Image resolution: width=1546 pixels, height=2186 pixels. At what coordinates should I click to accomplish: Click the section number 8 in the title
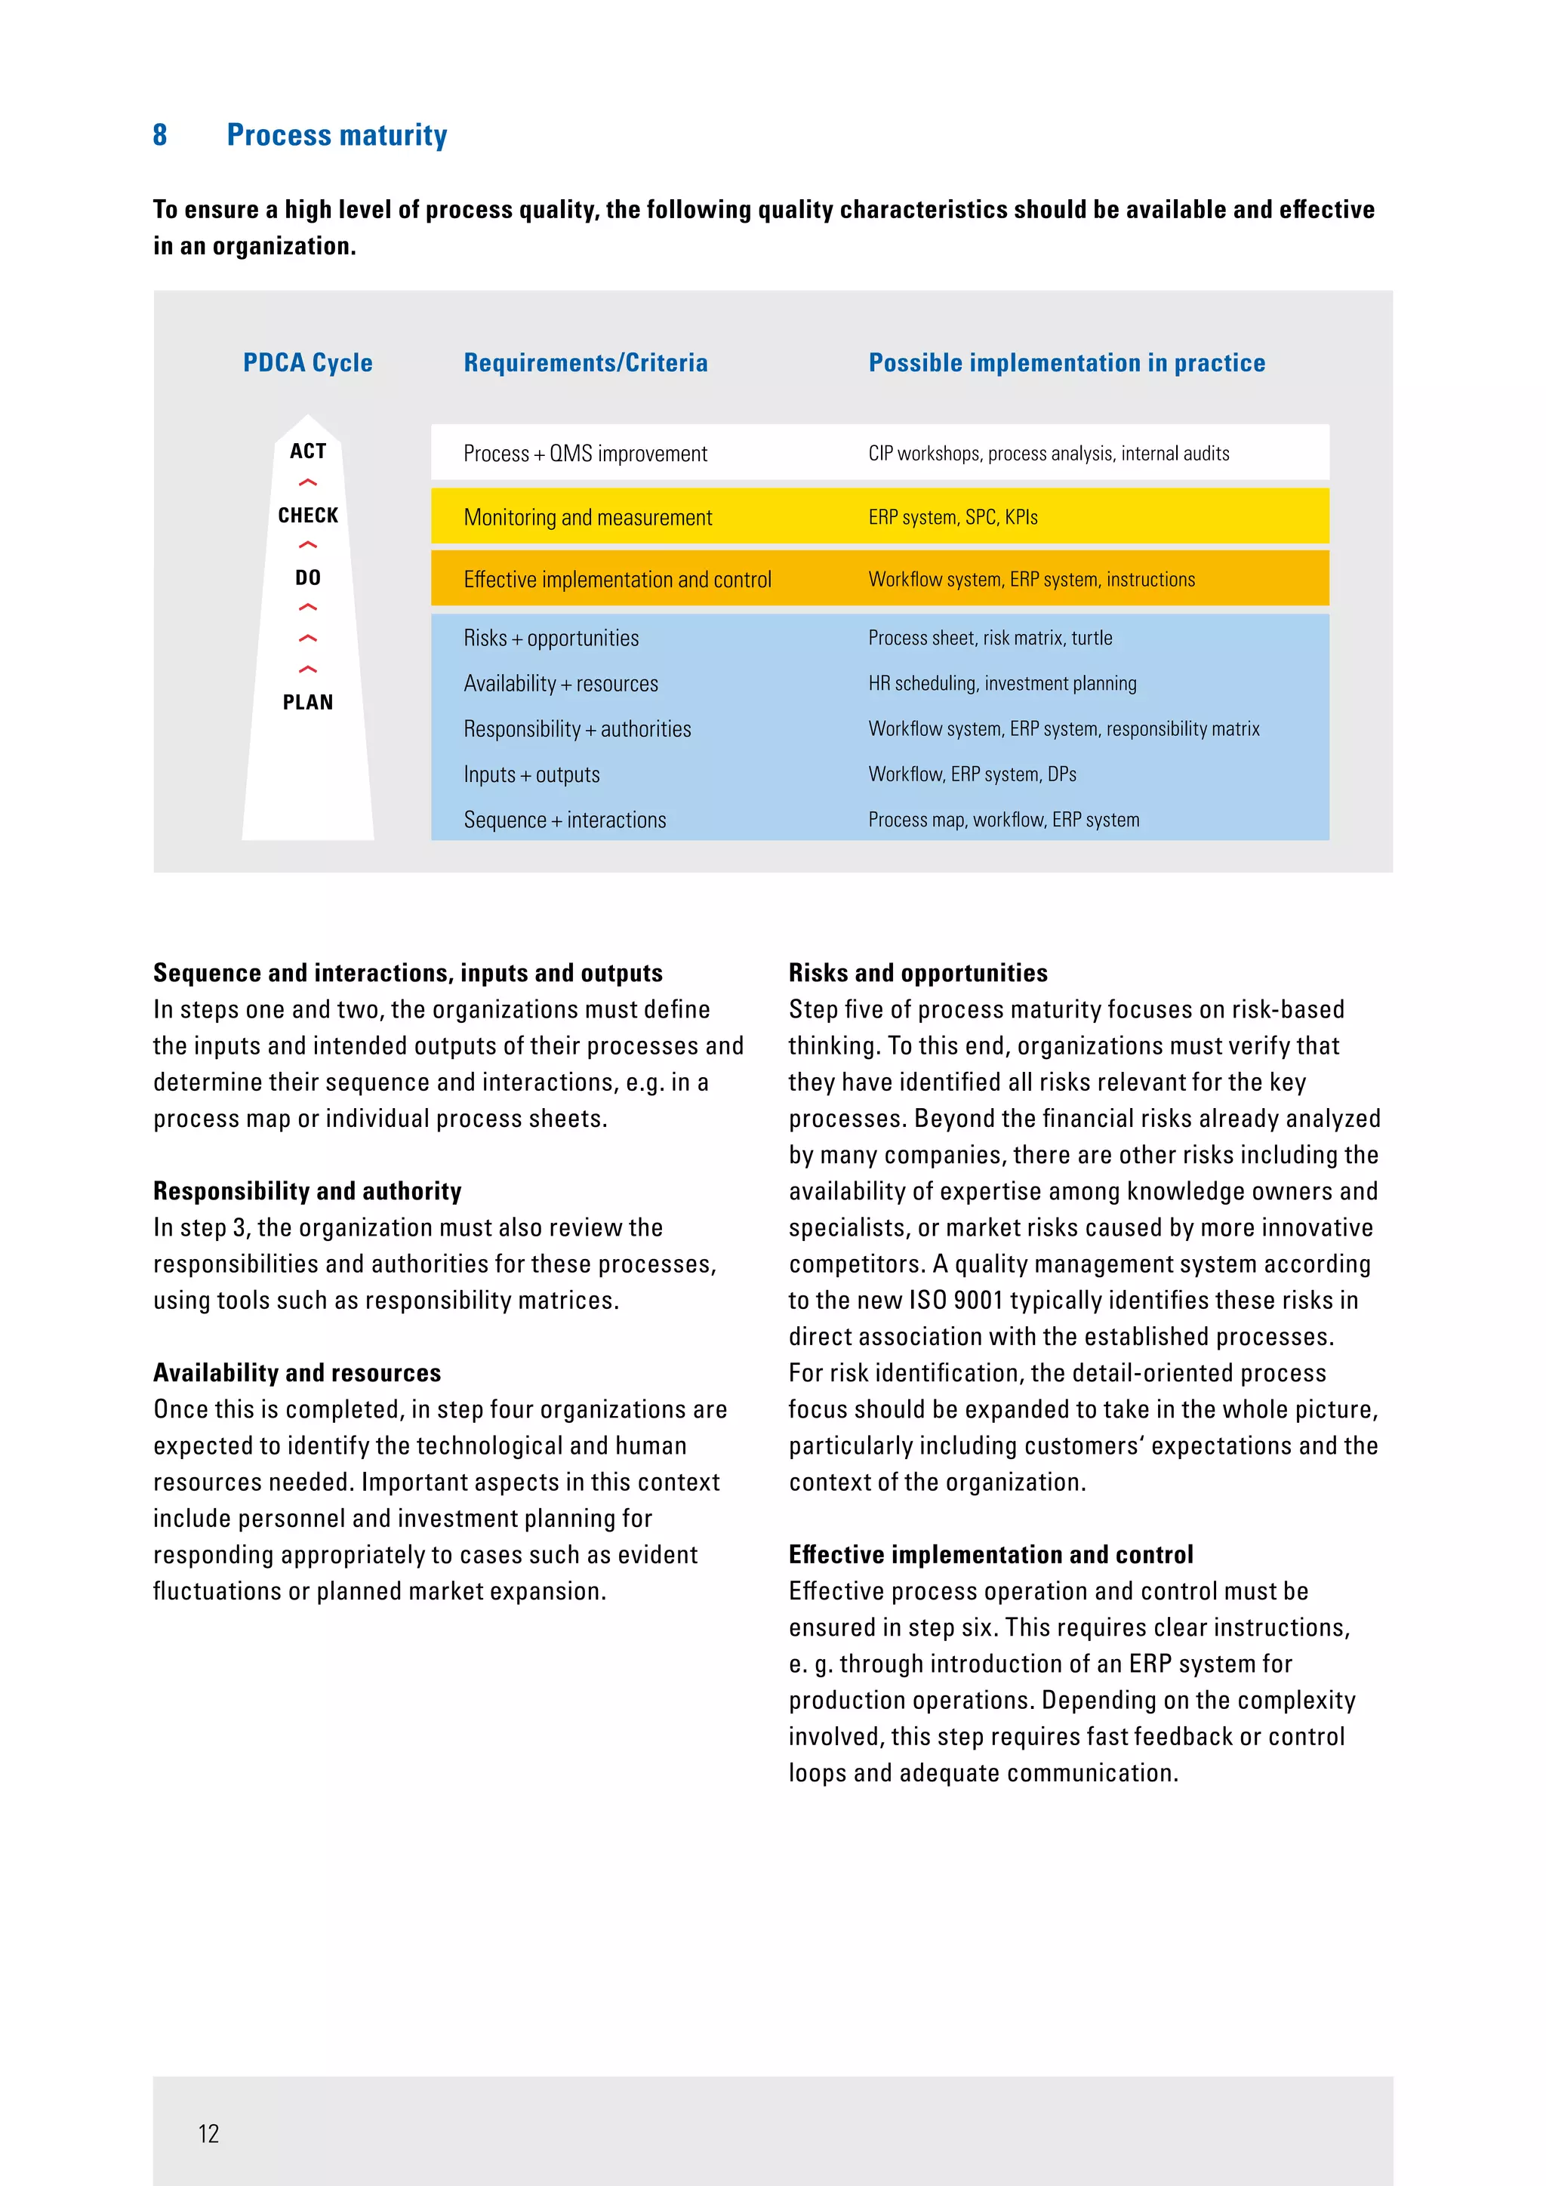tap(160, 135)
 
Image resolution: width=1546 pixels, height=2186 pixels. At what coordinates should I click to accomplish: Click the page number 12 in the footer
tap(208, 2134)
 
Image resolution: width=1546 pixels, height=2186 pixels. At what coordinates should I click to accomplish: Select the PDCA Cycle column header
tap(307, 363)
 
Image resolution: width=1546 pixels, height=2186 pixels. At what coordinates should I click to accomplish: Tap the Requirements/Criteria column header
tap(586, 363)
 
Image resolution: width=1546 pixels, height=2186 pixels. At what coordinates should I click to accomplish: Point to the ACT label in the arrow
tap(307, 451)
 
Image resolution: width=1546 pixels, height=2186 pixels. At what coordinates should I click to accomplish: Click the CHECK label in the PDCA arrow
tap(307, 515)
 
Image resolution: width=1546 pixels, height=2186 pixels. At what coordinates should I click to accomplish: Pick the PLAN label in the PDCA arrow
tap(307, 703)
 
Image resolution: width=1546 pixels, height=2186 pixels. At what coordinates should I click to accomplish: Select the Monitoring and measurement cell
tap(587, 517)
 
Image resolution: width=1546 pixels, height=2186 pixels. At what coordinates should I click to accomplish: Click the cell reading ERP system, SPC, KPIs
tap(953, 517)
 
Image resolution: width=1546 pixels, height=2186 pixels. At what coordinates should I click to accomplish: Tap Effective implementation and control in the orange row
tap(617, 579)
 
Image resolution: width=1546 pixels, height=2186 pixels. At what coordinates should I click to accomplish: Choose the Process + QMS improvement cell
tap(586, 453)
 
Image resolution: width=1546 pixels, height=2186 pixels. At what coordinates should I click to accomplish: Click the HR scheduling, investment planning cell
tap(1002, 684)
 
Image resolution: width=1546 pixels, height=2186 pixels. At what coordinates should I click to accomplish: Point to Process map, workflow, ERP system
tap(1003, 820)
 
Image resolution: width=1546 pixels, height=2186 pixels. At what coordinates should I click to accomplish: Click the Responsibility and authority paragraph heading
tap(307, 1191)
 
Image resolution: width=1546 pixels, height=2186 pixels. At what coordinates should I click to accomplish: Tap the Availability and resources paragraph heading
tap(297, 1373)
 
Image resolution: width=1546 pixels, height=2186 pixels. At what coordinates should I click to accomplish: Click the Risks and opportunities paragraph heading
tap(918, 973)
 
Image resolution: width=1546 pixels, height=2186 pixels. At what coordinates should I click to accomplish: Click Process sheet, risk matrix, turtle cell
tap(990, 638)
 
